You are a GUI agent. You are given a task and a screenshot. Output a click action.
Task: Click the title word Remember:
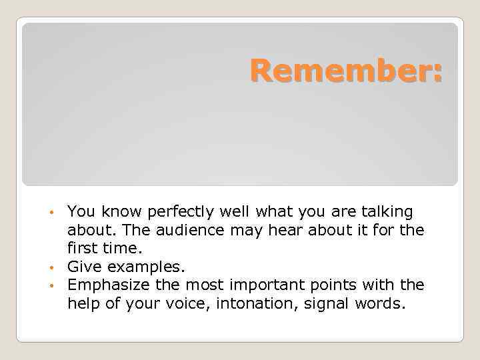[346, 71]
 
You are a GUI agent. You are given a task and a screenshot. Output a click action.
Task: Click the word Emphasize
[105, 285]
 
